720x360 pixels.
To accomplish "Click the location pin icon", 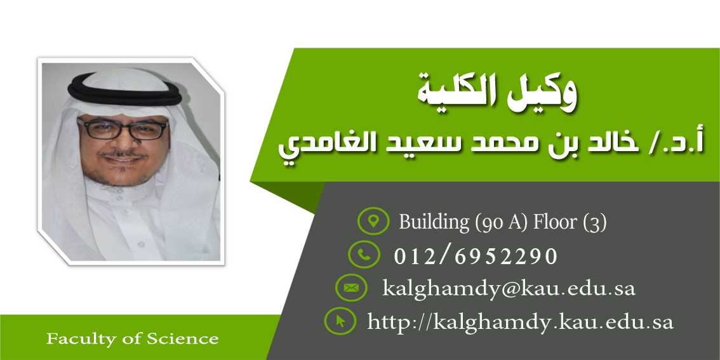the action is click(x=373, y=221).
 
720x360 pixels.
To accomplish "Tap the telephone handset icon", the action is click(x=364, y=255).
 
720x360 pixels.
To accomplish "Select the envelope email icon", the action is click(x=351, y=288).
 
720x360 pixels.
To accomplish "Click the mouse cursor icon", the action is click(x=340, y=321).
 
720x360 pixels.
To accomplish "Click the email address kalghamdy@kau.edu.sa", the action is click(x=509, y=289).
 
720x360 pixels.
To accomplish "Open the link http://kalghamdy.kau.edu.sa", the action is click(x=520, y=323).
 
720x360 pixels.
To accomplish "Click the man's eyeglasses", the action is click(x=123, y=128).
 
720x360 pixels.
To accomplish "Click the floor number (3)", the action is click(x=595, y=222).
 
